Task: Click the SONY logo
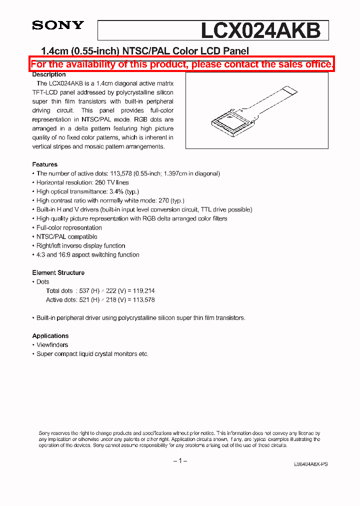point(58,25)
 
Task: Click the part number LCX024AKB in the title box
point(260,30)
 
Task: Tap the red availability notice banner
point(182,64)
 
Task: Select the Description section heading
point(49,74)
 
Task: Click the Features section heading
point(44,164)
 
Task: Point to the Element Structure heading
point(58,272)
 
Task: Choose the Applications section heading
point(50,336)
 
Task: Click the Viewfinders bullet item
point(52,345)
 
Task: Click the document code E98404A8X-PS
point(310,464)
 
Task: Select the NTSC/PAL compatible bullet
point(66,236)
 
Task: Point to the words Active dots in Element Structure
point(61,300)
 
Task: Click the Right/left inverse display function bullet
point(80,245)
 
